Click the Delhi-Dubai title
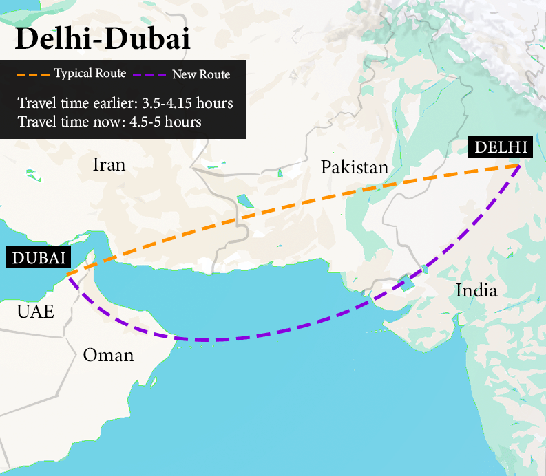pos(102,39)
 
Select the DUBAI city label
pos(39,258)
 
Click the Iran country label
pos(109,164)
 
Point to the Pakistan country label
pos(355,167)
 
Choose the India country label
pos(476,290)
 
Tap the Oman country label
pos(108,355)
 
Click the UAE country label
pos(35,312)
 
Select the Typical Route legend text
pos(90,74)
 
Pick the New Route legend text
pos(201,74)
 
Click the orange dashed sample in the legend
pos(32,74)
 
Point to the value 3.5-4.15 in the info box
pos(161,104)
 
